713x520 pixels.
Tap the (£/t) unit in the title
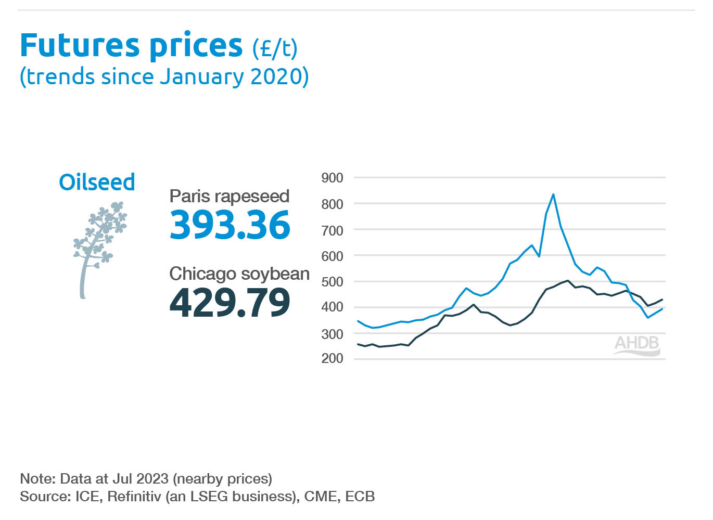(275, 49)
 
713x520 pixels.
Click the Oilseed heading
(97, 183)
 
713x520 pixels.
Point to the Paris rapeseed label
(229, 196)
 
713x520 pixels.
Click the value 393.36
(230, 225)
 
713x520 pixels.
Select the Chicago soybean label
(239, 274)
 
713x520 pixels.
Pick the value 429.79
(230, 303)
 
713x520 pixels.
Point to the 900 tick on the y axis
(332, 178)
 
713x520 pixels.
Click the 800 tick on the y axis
(332, 204)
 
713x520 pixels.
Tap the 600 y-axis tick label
(332, 256)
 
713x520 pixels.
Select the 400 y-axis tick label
(332, 307)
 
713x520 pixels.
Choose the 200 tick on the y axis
(332, 358)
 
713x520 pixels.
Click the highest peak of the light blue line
(553, 194)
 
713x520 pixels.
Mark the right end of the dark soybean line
(662, 300)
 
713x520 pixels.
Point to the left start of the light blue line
(358, 321)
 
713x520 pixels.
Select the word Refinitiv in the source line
(134, 497)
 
